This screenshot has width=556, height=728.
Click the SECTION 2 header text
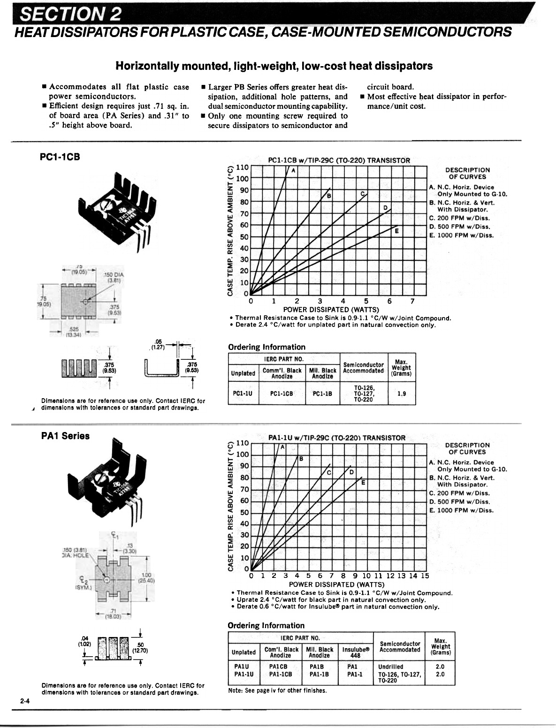pyautogui.click(x=69, y=15)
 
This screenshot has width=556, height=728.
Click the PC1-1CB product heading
pyautogui.click(x=60, y=157)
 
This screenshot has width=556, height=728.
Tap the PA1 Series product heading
pyautogui.click(x=65, y=436)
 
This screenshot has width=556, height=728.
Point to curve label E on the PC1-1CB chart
pyautogui.click(x=396, y=231)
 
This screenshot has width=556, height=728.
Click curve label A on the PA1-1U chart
pyautogui.click(x=282, y=447)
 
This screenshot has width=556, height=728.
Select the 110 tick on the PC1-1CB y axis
pyautogui.click(x=243, y=167)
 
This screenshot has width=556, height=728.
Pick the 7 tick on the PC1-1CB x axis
pyautogui.click(x=412, y=301)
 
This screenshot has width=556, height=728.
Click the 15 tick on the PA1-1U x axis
pyautogui.click(x=425, y=576)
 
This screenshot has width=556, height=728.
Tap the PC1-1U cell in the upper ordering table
pyautogui.click(x=243, y=394)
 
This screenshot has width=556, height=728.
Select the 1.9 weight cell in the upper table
pyautogui.click(x=402, y=394)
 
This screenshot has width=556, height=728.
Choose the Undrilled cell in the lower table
pyautogui.click(x=390, y=666)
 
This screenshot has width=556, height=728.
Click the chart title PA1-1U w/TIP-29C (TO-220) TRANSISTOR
pyautogui.click(x=336, y=438)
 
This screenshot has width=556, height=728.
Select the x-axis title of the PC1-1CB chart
pyautogui.click(x=331, y=309)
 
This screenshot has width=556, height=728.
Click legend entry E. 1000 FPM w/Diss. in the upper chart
pyautogui.click(x=461, y=235)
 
